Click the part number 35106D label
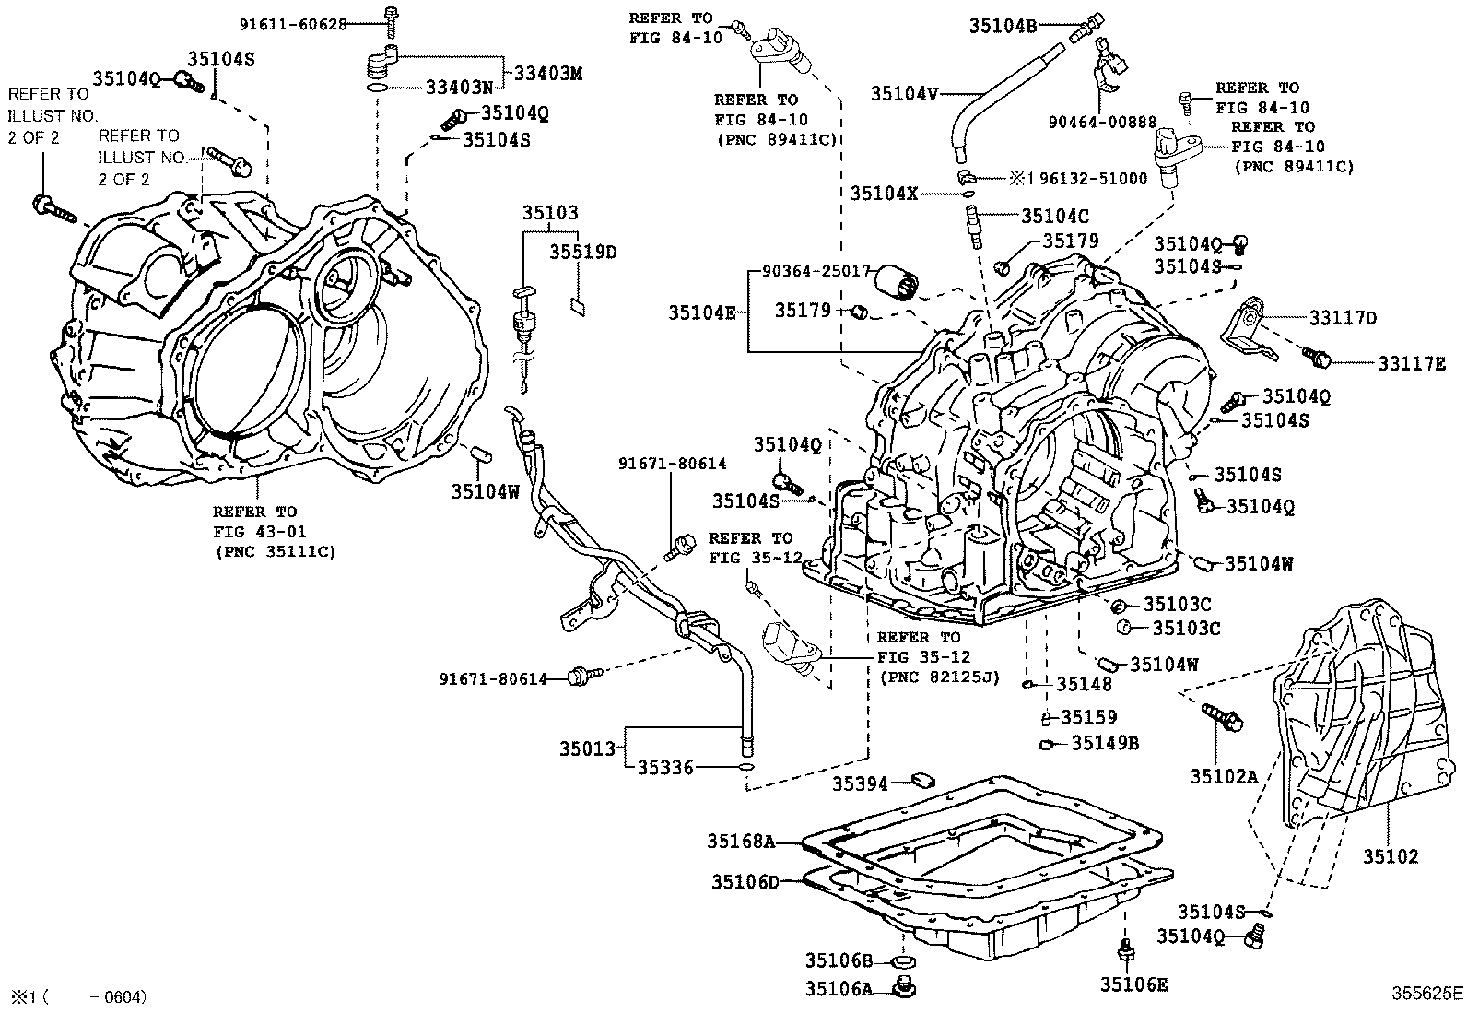click(x=745, y=882)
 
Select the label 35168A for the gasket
click(x=742, y=841)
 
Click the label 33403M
click(x=548, y=73)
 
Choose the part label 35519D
click(x=583, y=251)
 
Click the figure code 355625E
click(x=1426, y=995)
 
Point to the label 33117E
click(x=1412, y=364)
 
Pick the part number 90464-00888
click(x=1101, y=121)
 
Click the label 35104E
click(x=702, y=313)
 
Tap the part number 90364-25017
click(x=816, y=271)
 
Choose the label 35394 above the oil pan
click(x=860, y=783)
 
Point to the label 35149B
click(x=1105, y=743)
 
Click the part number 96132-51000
click(x=1091, y=179)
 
